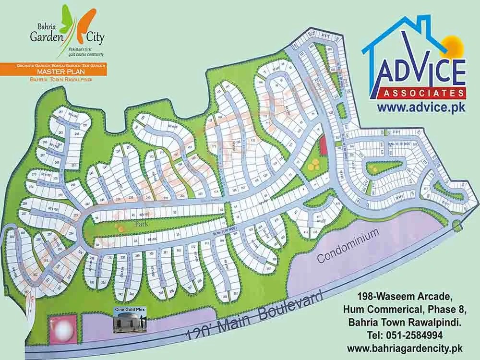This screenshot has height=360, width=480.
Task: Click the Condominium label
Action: [348, 245]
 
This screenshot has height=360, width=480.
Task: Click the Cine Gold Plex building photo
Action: [129, 321]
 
